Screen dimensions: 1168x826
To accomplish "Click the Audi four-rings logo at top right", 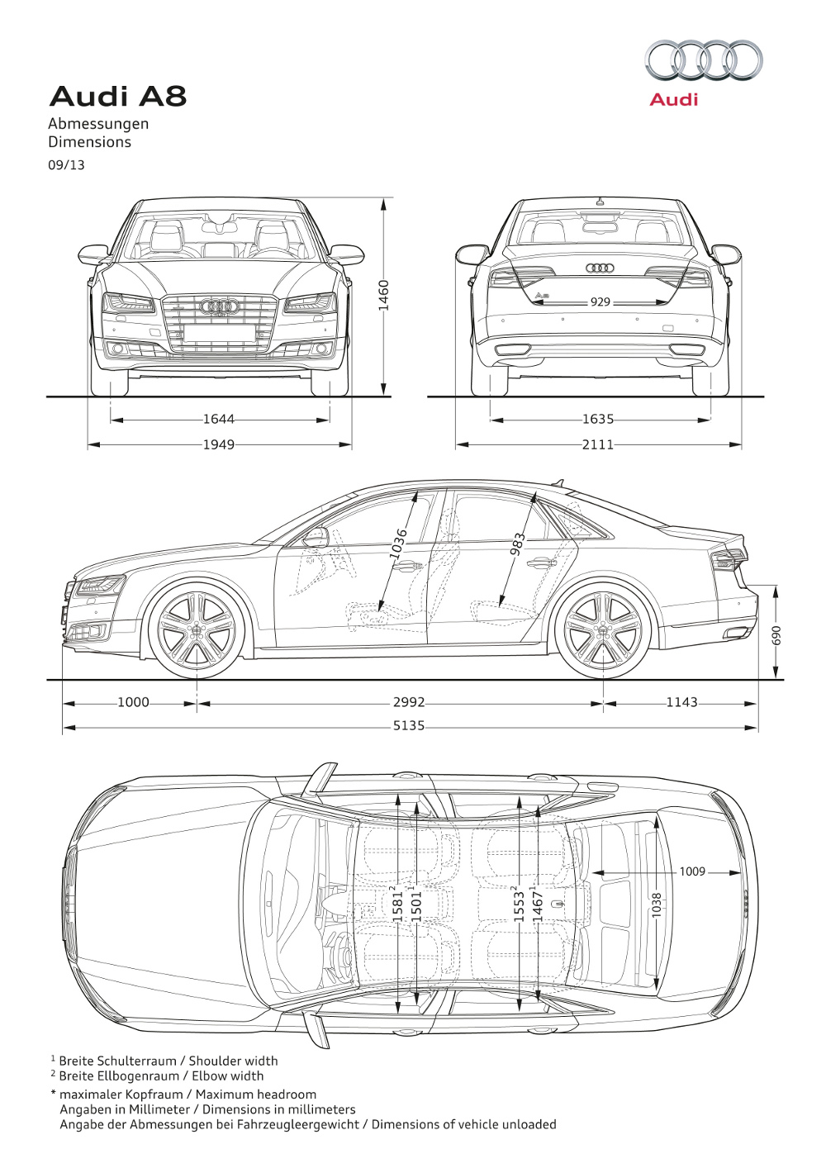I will (x=704, y=60).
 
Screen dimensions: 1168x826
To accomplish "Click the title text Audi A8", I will (x=118, y=97).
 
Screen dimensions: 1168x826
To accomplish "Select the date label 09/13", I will (x=66, y=164).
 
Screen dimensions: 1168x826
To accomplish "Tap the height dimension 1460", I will (x=383, y=295).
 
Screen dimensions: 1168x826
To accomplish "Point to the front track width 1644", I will (x=219, y=420).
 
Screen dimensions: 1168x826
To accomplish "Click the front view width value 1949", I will (x=219, y=444).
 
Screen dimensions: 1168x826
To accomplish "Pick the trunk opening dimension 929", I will (x=600, y=302).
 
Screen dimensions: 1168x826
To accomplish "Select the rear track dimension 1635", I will (x=598, y=420).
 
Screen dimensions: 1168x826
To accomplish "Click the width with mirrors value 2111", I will (x=598, y=444).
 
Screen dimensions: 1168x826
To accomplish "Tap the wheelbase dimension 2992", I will (x=409, y=703).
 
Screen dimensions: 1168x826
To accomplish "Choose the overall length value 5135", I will (x=409, y=726).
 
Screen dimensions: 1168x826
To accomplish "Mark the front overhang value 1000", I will (x=133, y=703).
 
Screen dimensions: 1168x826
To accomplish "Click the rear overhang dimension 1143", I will (x=681, y=703).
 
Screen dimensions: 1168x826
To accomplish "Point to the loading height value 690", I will (x=776, y=635).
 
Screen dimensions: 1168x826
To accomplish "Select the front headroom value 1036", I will (x=399, y=544).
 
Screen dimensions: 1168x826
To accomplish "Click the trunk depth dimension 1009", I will (x=692, y=871).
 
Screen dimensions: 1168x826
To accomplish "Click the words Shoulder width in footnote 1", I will (x=233, y=1061).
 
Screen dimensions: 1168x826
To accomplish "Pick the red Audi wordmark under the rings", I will (x=673, y=100).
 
